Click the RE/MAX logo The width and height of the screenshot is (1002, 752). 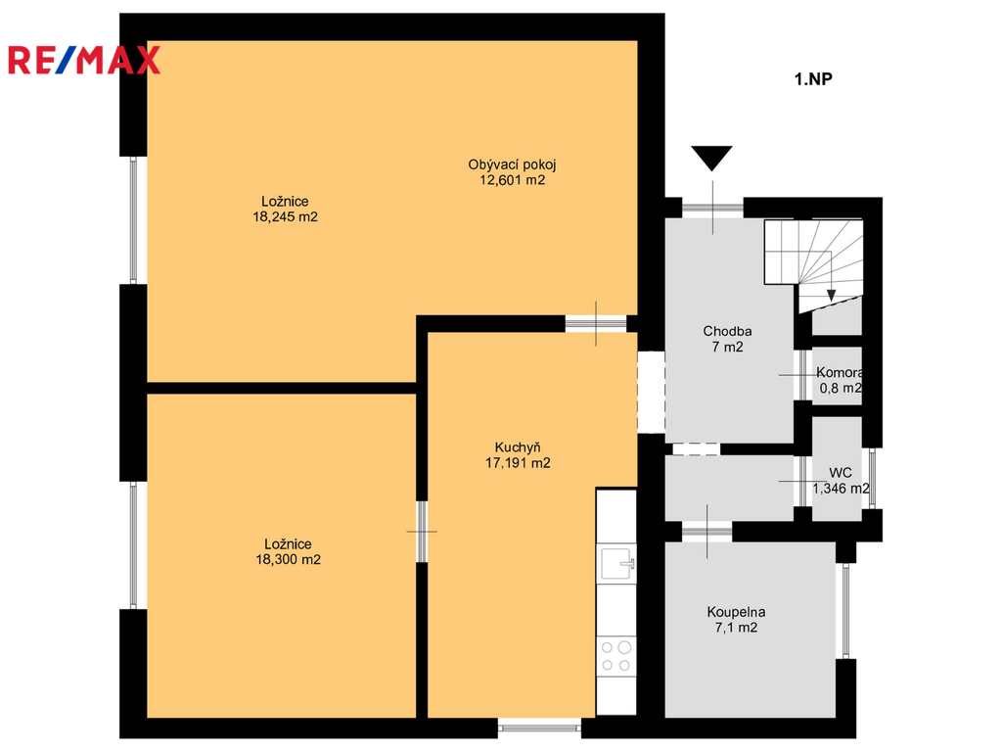click(x=84, y=61)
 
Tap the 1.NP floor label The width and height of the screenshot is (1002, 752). click(x=813, y=79)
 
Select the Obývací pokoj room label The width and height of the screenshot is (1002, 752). click(x=512, y=164)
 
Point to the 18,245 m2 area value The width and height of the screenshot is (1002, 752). click(x=285, y=216)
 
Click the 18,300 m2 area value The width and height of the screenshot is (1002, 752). click(x=289, y=559)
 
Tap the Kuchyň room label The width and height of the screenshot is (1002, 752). click(x=518, y=447)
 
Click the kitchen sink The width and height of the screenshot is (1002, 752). click(x=617, y=564)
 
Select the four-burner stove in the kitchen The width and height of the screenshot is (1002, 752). click(x=616, y=656)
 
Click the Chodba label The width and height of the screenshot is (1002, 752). click(x=727, y=331)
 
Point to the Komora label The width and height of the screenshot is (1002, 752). click(x=840, y=373)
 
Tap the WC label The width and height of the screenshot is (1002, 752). click(x=841, y=473)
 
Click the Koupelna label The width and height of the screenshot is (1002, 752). click(x=736, y=612)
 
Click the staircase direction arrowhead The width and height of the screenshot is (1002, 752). click(x=831, y=296)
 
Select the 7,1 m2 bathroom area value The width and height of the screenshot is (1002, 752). click(x=736, y=628)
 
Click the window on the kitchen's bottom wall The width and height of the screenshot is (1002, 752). click(x=539, y=728)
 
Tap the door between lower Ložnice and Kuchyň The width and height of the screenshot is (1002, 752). click(x=422, y=532)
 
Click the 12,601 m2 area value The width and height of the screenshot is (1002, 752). click(x=513, y=180)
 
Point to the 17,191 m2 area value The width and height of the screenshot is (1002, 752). click(x=518, y=463)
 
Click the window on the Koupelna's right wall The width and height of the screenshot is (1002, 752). click(x=846, y=611)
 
